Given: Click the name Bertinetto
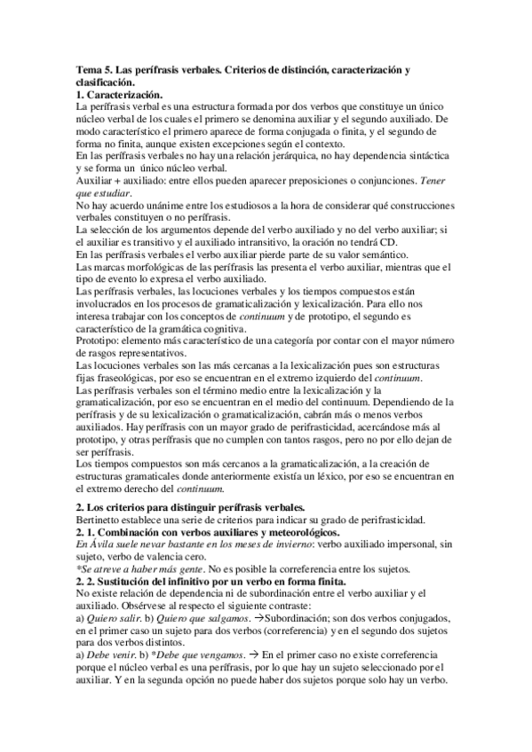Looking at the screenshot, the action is pyautogui.click(x=102, y=519).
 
